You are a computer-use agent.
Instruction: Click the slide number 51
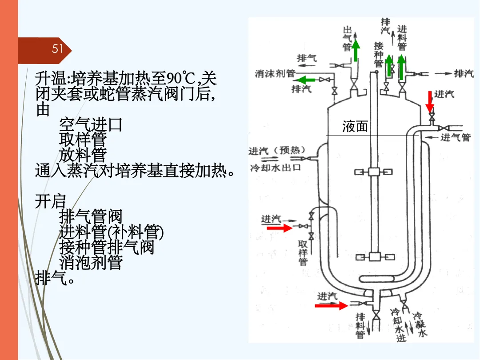pyautogui.click(x=58, y=48)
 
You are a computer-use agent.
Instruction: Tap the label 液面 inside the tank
pyautogui.click(x=355, y=127)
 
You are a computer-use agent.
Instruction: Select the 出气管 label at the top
pyautogui.click(x=347, y=38)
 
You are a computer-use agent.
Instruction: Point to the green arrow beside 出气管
pyautogui.click(x=356, y=50)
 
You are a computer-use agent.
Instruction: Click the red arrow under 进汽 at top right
pyautogui.click(x=429, y=102)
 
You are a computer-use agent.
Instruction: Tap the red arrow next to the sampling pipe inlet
pyautogui.click(x=279, y=228)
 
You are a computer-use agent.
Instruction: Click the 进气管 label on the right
pyautogui.click(x=455, y=137)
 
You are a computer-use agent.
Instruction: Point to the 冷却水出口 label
pyautogui.click(x=276, y=168)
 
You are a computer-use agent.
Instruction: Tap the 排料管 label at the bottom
pyautogui.click(x=360, y=325)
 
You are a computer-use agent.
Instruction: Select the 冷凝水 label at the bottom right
pyautogui.click(x=420, y=325)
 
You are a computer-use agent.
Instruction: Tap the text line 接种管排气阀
pyautogui.click(x=107, y=247)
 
